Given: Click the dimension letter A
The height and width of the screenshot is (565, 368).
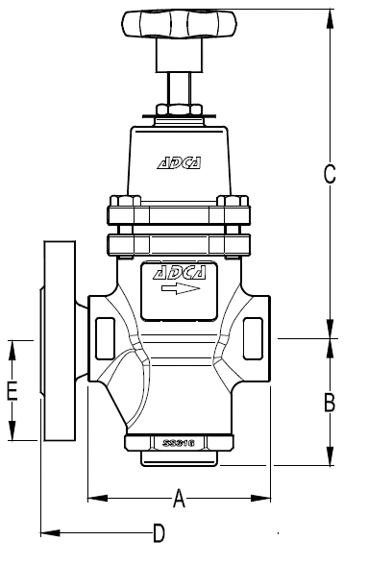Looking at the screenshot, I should coord(179,497).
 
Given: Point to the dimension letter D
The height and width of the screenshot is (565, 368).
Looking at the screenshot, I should coord(159,531).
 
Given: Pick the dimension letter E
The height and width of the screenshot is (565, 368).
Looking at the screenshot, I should coord(12,390).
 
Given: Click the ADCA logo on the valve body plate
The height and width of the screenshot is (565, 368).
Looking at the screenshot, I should coord(179,273).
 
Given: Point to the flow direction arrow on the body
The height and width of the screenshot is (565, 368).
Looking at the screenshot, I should coord(179,288).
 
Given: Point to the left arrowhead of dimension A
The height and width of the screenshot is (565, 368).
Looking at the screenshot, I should coord(93,498).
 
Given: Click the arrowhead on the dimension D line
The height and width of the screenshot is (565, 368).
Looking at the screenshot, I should coord(49,531).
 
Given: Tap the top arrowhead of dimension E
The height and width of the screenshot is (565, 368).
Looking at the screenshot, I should coord(12,345).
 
